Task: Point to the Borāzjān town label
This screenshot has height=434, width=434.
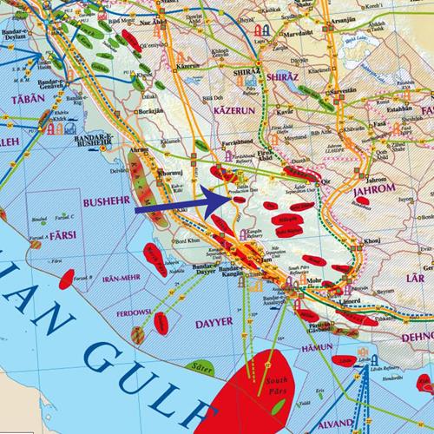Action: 145,114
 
